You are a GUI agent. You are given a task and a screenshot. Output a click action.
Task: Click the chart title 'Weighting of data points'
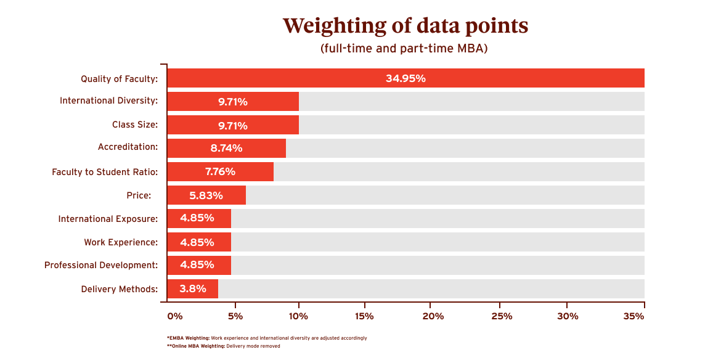pos(405,26)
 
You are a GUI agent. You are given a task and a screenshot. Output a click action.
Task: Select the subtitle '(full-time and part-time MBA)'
pos(404,49)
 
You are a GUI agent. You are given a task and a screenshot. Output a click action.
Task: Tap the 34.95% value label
pos(405,78)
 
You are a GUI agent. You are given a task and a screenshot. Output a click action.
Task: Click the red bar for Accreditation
pos(226,149)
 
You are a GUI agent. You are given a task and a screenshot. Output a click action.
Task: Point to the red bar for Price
pos(206,195)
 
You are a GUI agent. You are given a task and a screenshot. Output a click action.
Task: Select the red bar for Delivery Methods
pos(192,288)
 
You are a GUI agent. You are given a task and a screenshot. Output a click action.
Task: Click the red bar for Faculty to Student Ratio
pos(220,172)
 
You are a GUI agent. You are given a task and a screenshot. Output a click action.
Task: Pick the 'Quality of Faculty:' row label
pos(119,79)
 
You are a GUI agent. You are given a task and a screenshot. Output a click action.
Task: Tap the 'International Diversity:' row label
pos(108,101)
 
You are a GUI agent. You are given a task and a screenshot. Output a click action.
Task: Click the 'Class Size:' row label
pos(134,125)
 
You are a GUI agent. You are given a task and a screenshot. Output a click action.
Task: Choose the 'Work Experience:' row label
pos(121,242)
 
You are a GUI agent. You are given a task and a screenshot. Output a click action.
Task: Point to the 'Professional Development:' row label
pos(101,265)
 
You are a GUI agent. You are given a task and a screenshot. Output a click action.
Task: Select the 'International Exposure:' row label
pos(108,219)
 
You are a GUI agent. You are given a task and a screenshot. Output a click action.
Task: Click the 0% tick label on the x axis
pos(175,316)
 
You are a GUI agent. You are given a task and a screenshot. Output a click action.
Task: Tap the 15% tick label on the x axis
pos(364,316)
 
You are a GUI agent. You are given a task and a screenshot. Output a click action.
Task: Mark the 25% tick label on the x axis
pos(502,316)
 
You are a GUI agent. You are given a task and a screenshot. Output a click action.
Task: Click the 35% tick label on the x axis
pos(633,316)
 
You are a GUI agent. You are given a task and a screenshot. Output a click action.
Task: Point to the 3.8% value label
pos(192,288)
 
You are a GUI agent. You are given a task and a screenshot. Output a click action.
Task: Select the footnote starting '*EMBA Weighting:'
pos(266,338)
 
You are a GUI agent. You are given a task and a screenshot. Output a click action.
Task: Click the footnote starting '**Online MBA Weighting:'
pos(223,346)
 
